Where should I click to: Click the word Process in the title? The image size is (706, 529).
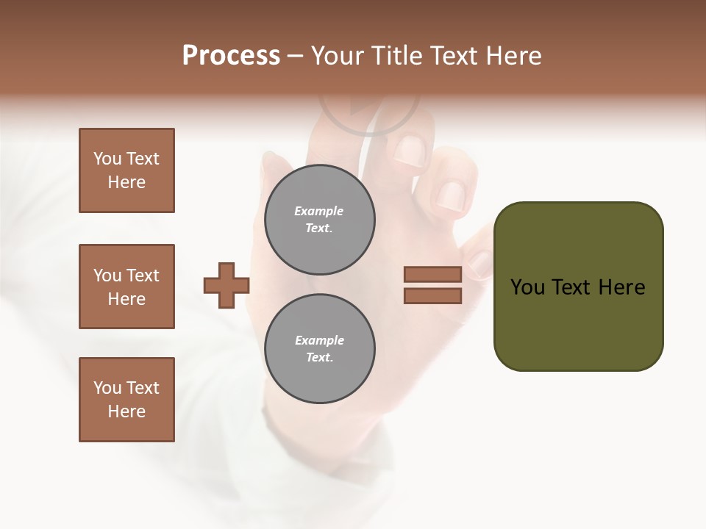(231, 56)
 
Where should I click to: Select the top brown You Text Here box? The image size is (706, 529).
(126, 170)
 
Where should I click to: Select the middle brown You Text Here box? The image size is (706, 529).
(126, 287)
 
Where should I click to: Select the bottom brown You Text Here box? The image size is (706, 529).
(126, 400)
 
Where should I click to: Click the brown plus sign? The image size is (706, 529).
(227, 285)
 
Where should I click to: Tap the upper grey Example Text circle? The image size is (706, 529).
(320, 220)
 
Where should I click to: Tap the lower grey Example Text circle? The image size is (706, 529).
(320, 349)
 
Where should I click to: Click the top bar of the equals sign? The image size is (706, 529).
(433, 274)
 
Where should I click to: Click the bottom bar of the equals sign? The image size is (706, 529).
(433, 295)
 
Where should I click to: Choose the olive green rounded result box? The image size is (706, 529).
(578, 323)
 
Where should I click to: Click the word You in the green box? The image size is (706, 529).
(527, 287)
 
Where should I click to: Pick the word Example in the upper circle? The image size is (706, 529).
(319, 211)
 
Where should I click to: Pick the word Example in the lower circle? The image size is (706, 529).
(319, 340)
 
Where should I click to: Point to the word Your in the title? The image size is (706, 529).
(337, 56)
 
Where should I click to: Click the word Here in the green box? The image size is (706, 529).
(622, 287)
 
